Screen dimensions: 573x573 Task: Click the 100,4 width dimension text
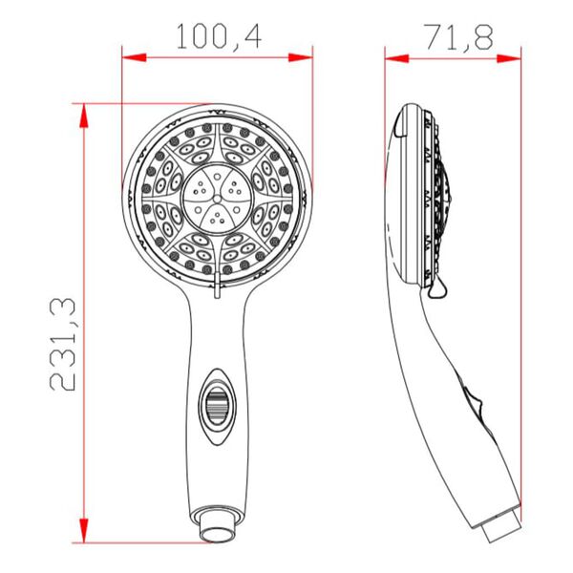pyautogui.click(x=219, y=37)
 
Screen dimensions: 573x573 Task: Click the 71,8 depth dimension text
pyautogui.click(x=456, y=37)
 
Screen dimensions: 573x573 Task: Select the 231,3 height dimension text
pyautogui.click(x=64, y=344)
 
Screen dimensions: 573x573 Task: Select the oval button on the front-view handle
pyautogui.click(x=219, y=399)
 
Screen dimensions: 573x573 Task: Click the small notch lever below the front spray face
pyautogui.click(x=219, y=286)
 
